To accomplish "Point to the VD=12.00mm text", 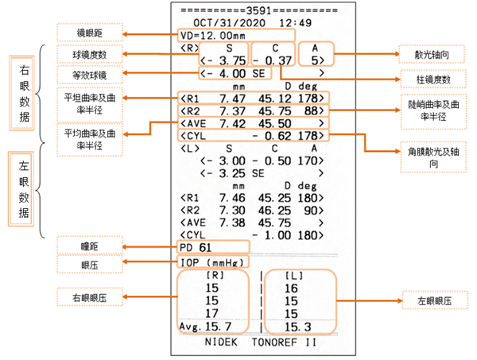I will [211, 36].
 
